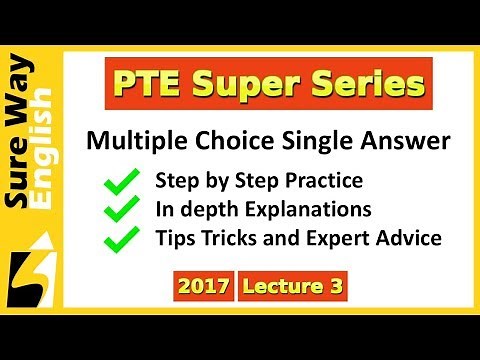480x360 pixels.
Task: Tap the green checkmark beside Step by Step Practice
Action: pos(124,182)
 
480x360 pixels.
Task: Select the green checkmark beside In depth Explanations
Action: pos(124,210)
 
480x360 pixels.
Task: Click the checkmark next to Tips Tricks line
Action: pos(124,239)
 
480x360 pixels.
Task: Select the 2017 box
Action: pos(203,287)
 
